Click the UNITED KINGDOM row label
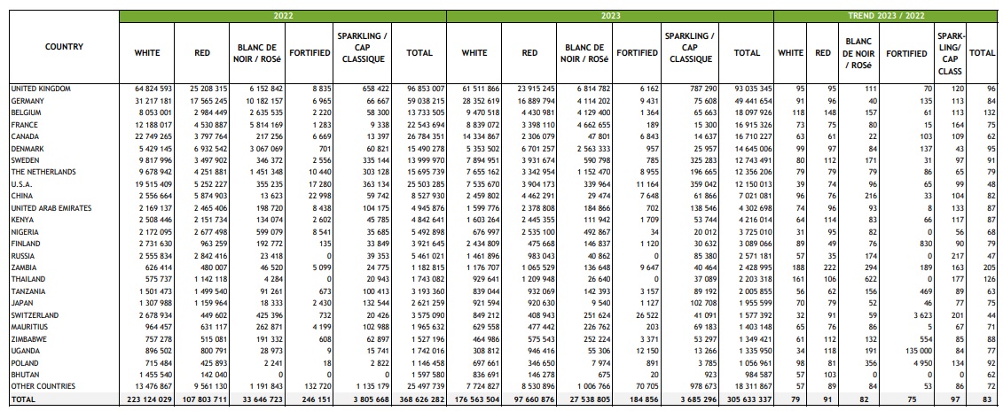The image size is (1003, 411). tap(40, 89)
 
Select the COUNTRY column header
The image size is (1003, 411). tap(64, 47)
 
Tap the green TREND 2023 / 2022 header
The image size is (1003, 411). tap(885, 16)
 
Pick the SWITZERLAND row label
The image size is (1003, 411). tap(35, 315)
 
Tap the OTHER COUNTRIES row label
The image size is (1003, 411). tap(43, 387)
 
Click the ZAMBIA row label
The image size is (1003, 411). tap(24, 268)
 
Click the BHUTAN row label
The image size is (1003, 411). tap(25, 375)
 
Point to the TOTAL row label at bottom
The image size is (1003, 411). tap(23, 399)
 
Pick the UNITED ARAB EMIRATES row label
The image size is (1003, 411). tap(51, 208)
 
